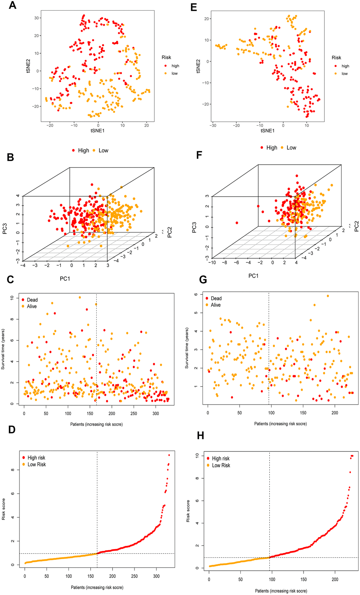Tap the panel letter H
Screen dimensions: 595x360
click(200, 435)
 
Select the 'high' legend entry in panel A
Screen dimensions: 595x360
click(175, 66)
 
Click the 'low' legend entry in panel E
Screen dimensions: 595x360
click(344, 74)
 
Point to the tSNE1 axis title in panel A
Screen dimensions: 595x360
click(97, 130)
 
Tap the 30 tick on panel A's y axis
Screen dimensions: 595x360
click(36, 18)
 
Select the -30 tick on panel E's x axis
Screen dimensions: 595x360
click(213, 125)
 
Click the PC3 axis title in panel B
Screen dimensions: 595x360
click(5, 228)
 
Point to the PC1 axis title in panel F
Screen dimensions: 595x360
click(253, 276)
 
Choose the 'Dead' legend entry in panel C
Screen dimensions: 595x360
click(32, 300)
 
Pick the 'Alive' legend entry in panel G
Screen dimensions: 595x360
click(216, 305)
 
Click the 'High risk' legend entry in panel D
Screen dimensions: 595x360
click(36, 458)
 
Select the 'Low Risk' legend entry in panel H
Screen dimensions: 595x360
click(221, 466)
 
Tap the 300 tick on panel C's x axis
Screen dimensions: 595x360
click(156, 414)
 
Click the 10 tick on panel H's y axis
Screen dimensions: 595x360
click(198, 456)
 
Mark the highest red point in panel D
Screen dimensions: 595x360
click(169, 455)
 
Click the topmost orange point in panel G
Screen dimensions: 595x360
click(328, 296)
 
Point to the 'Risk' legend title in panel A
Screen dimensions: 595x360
click(166, 57)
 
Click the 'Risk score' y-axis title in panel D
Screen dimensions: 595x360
click(4, 509)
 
